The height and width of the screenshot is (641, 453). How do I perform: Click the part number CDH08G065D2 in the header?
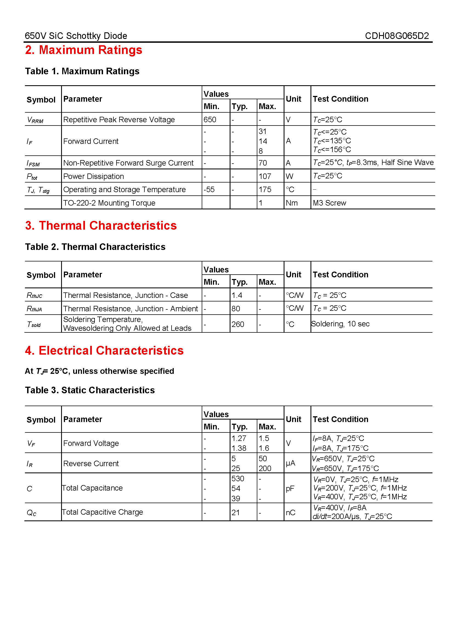pyautogui.click(x=397, y=36)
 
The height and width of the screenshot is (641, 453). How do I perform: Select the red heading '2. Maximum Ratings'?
pyautogui.click(x=84, y=50)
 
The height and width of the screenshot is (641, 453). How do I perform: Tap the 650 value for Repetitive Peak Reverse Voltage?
pyautogui.click(x=210, y=119)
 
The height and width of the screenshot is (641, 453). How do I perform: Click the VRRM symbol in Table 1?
pyautogui.click(x=35, y=120)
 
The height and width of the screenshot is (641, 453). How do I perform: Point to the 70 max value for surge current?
pyautogui.click(x=263, y=163)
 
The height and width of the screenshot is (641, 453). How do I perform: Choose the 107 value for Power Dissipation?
pyautogui.click(x=265, y=176)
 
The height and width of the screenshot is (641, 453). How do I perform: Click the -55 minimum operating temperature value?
pyautogui.click(x=209, y=189)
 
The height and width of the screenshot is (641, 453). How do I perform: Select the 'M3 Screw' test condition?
pyautogui.click(x=329, y=203)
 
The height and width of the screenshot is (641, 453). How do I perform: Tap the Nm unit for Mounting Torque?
pyautogui.click(x=292, y=203)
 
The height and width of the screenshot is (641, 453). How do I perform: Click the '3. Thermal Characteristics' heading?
pyautogui.click(x=101, y=226)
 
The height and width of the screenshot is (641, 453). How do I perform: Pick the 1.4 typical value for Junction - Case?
pyautogui.click(x=237, y=295)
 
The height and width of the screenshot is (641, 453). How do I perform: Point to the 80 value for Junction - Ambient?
pyautogui.click(x=236, y=309)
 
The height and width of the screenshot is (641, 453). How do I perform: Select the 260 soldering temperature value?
pyautogui.click(x=238, y=324)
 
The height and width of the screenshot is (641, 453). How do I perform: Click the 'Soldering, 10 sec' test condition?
pyautogui.click(x=340, y=324)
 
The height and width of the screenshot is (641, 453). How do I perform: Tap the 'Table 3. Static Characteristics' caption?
pyautogui.click(x=90, y=390)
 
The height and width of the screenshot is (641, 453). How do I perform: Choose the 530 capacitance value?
pyautogui.click(x=238, y=478)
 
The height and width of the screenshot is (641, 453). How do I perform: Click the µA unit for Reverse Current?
pyautogui.click(x=290, y=463)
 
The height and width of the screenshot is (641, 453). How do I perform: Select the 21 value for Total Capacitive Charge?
pyautogui.click(x=235, y=512)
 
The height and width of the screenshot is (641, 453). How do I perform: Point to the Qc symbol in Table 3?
pyautogui.click(x=32, y=512)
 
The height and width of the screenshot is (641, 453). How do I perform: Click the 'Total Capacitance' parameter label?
pyautogui.click(x=92, y=488)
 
